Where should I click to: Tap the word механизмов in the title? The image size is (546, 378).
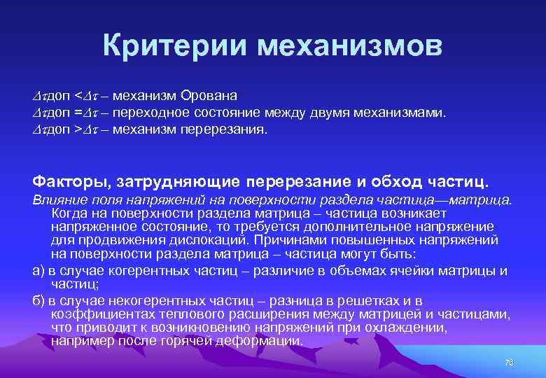click(350, 46)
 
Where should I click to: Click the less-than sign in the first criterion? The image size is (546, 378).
click(78, 95)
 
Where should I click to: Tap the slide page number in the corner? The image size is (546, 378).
click(509, 362)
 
